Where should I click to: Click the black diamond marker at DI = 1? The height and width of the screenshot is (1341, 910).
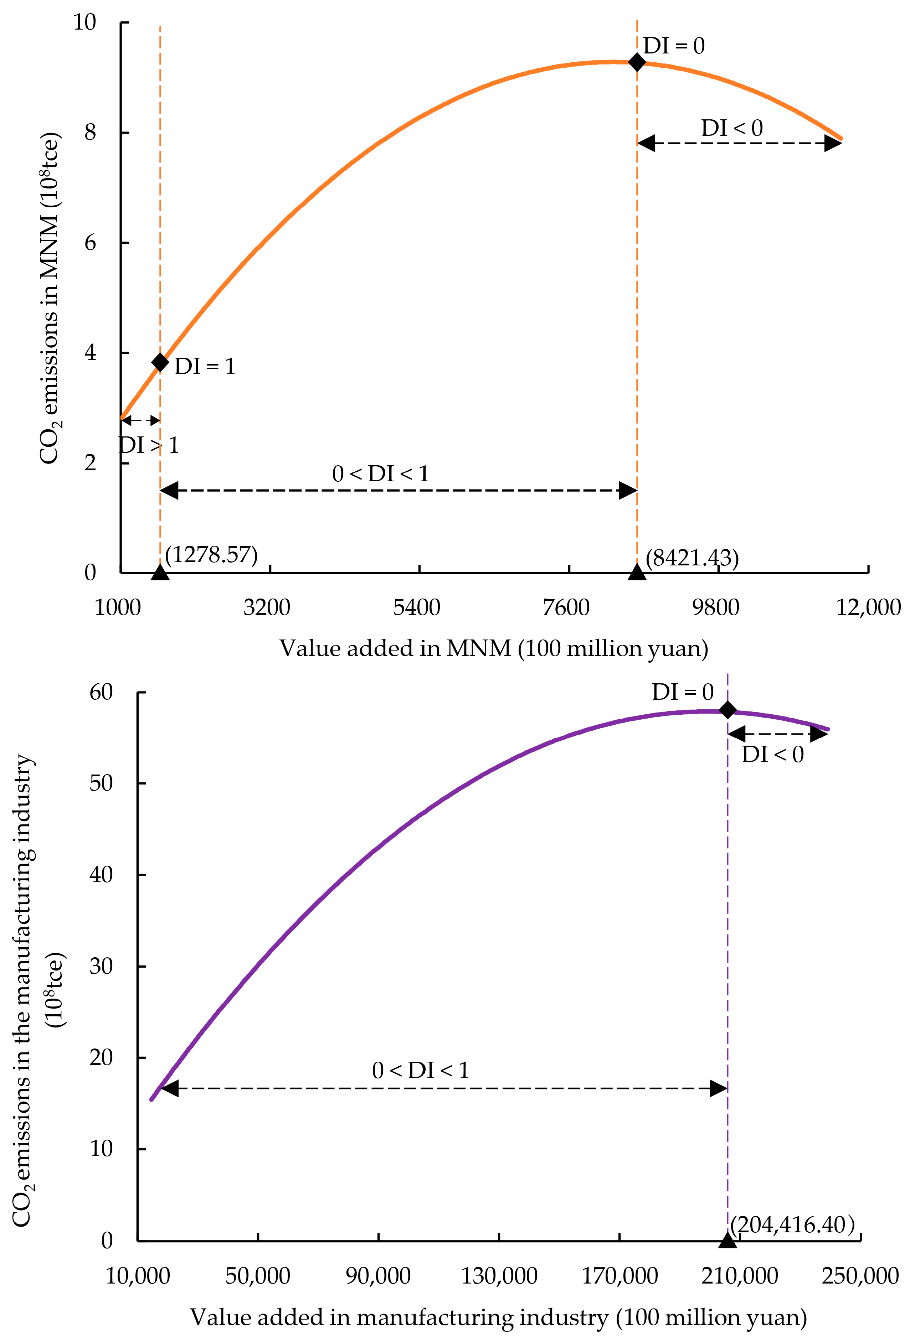(160, 362)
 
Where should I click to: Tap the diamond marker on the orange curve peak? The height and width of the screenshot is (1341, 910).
(637, 62)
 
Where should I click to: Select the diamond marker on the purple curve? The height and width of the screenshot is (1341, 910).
(728, 710)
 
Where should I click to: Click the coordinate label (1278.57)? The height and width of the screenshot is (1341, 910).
(211, 555)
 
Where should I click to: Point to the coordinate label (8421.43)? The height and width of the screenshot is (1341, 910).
(692, 558)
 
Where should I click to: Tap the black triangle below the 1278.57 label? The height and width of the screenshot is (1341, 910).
(160, 573)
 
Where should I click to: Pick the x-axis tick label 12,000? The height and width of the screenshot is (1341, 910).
(868, 607)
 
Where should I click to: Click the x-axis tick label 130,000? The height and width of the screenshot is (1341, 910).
(499, 1276)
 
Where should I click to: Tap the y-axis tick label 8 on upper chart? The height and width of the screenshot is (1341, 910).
(90, 133)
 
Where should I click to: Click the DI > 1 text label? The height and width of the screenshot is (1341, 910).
(148, 445)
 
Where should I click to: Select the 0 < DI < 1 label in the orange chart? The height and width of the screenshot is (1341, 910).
(381, 474)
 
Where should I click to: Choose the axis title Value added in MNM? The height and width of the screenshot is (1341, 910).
(494, 648)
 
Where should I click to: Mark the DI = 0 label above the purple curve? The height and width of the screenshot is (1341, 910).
(683, 692)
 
